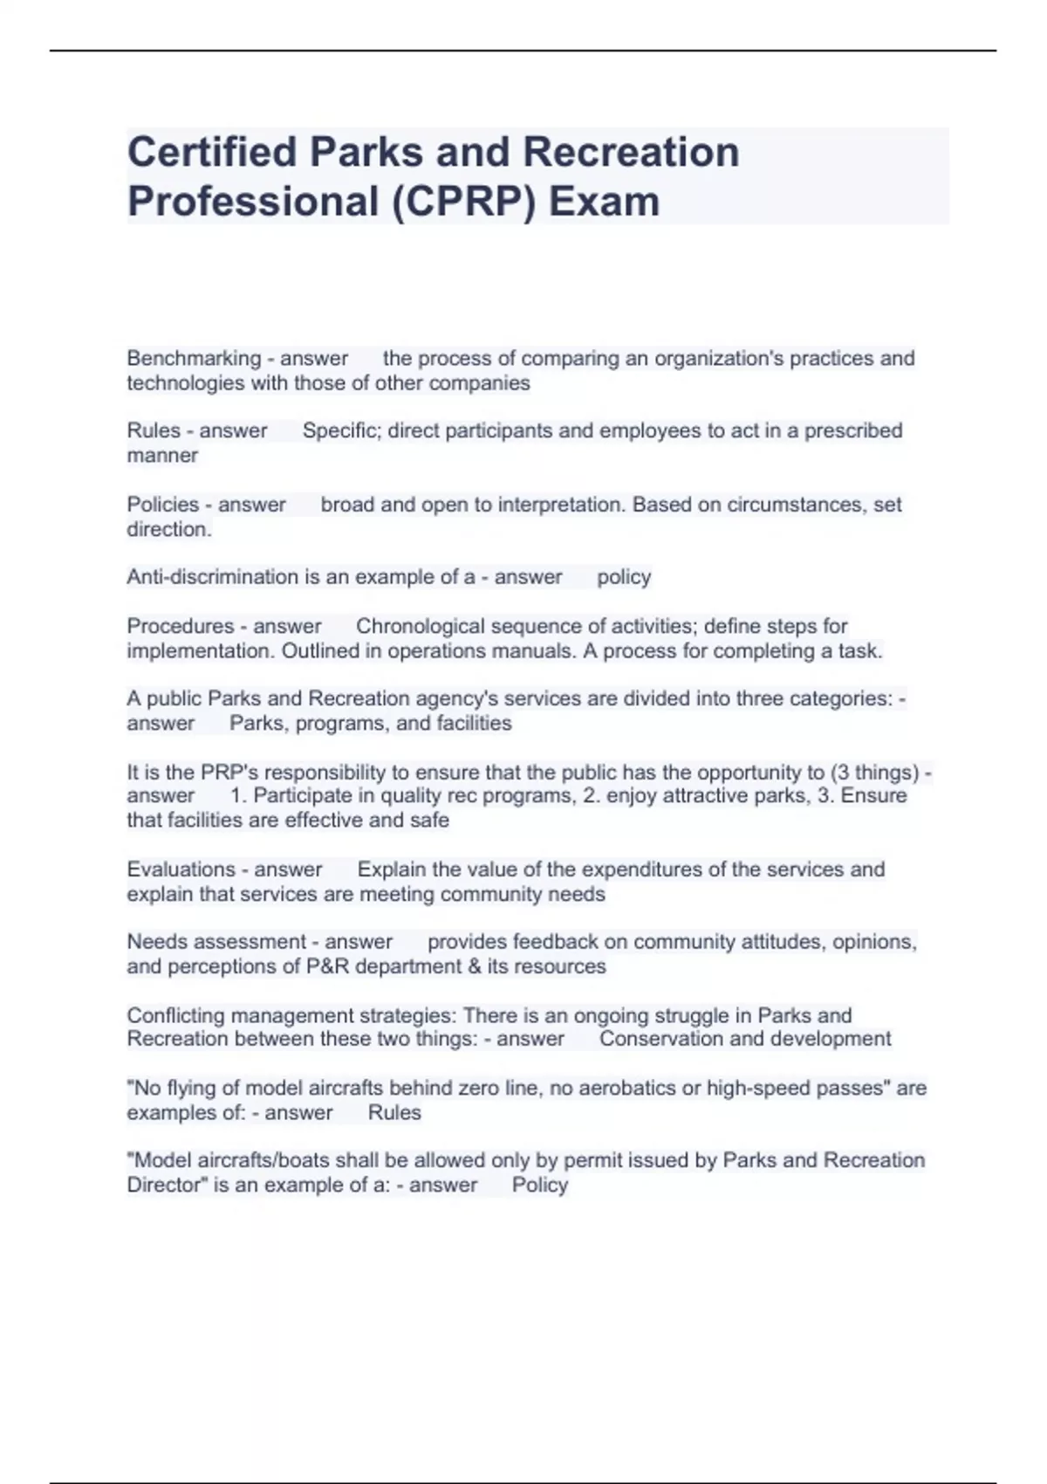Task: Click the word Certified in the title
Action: pos(212,152)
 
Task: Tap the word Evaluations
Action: pos(181,869)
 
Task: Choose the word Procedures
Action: pos(181,627)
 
